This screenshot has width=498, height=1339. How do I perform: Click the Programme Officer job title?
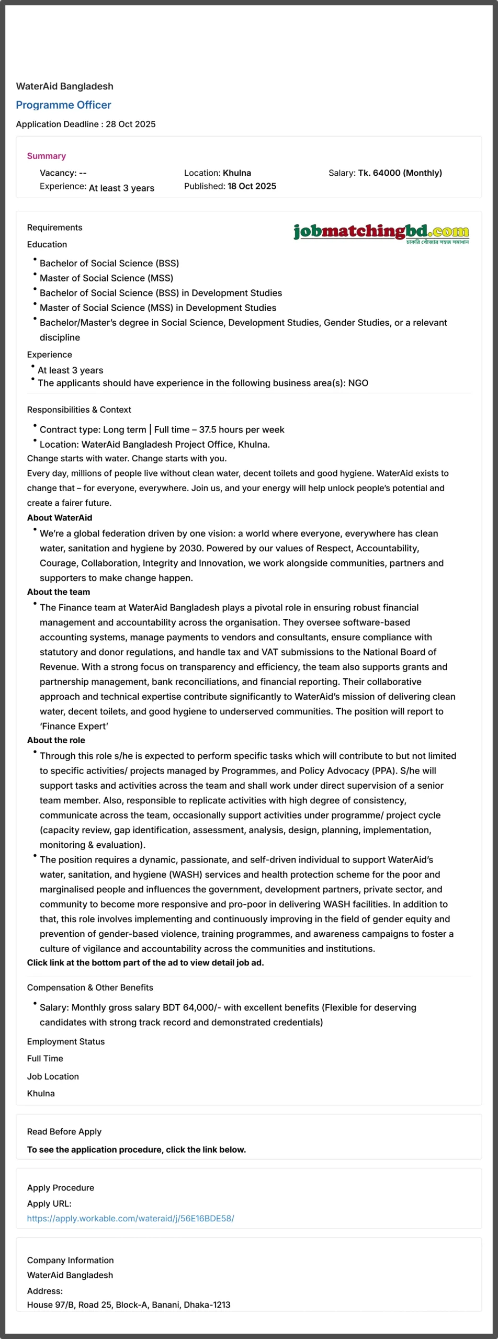tap(63, 105)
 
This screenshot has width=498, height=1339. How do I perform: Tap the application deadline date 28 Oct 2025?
tap(130, 124)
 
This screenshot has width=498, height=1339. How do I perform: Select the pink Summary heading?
tap(46, 156)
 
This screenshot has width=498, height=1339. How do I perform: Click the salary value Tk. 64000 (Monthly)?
tap(400, 173)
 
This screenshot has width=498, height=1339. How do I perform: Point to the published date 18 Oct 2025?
tap(252, 186)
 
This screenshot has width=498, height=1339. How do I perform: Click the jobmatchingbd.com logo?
tap(381, 232)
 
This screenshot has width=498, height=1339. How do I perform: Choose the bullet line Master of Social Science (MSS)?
tap(106, 278)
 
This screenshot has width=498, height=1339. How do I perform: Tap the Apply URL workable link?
tap(130, 1218)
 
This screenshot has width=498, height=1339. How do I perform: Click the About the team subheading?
tap(59, 592)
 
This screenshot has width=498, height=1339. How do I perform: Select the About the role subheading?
tap(56, 740)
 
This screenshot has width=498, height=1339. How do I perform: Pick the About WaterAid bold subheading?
tap(60, 518)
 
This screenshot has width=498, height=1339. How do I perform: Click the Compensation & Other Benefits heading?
tap(90, 988)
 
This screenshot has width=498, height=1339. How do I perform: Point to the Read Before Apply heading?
tap(64, 1131)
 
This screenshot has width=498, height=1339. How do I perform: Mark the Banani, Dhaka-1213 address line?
tap(129, 1304)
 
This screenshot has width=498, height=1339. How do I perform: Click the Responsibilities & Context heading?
tap(79, 410)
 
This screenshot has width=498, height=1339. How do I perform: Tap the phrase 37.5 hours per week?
tap(242, 430)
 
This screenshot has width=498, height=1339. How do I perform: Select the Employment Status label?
tap(66, 1041)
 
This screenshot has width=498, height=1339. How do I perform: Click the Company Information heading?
tap(70, 1260)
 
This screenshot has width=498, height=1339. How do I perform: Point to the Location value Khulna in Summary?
tap(236, 173)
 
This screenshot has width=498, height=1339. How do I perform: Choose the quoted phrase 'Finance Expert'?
tap(74, 726)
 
